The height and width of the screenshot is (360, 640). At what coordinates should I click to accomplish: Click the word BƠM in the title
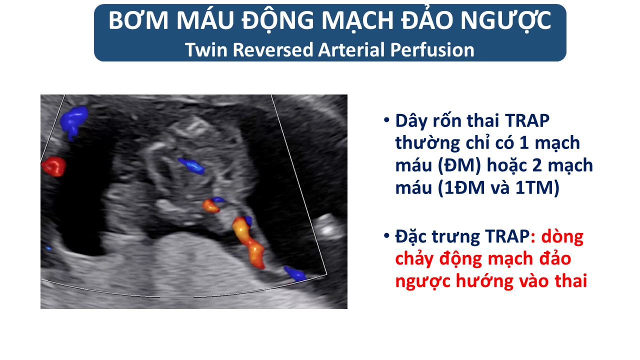click(x=138, y=20)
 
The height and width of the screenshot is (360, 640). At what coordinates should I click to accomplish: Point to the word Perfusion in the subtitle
click(x=432, y=49)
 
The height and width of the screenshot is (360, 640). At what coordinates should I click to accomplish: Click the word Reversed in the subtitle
click(x=273, y=49)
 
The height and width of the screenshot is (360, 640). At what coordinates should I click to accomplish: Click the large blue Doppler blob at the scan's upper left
click(x=73, y=121)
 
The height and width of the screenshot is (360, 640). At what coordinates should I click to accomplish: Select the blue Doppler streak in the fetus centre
click(x=191, y=165)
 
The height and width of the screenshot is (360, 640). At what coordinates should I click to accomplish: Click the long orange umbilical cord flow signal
click(x=247, y=243)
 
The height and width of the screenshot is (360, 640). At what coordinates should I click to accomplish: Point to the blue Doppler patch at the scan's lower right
click(x=295, y=273)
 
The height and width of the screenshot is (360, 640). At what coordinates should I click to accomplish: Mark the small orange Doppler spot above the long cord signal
click(x=211, y=205)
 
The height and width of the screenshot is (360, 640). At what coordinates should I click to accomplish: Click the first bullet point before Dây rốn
click(x=386, y=120)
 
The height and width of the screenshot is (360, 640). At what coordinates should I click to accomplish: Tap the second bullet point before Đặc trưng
click(x=386, y=236)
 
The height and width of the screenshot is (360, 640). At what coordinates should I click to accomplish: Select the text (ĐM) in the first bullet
click(x=459, y=165)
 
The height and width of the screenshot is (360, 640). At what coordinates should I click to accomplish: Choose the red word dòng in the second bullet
click(x=562, y=237)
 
